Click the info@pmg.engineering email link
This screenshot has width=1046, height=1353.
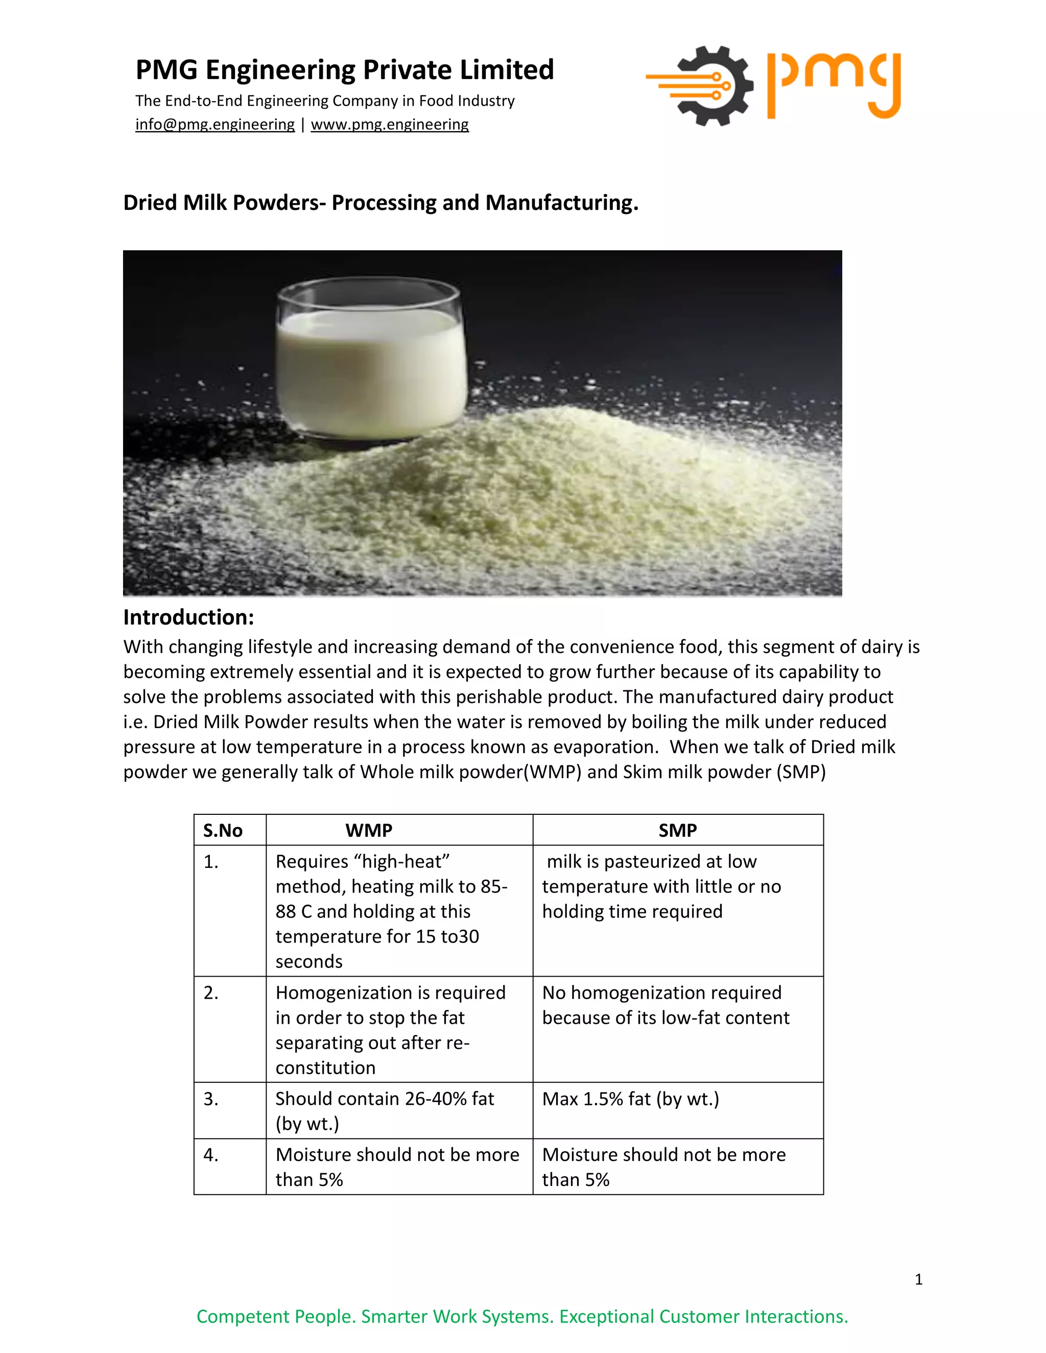click(x=215, y=125)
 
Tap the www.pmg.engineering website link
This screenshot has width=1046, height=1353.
click(x=389, y=125)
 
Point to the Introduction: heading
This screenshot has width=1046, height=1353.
click(x=188, y=617)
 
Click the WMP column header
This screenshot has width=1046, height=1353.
click(x=369, y=830)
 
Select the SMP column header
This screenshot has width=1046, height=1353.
click(x=677, y=830)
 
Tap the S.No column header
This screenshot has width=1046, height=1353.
click(x=223, y=830)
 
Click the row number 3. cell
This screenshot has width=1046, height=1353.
click(x=211, y=1098)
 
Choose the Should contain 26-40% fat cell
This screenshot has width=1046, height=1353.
click(x=385, y=1111)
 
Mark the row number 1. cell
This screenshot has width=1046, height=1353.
click(x=211, y=862)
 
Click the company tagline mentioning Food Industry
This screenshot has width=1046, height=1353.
click(x=325, y=101)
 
